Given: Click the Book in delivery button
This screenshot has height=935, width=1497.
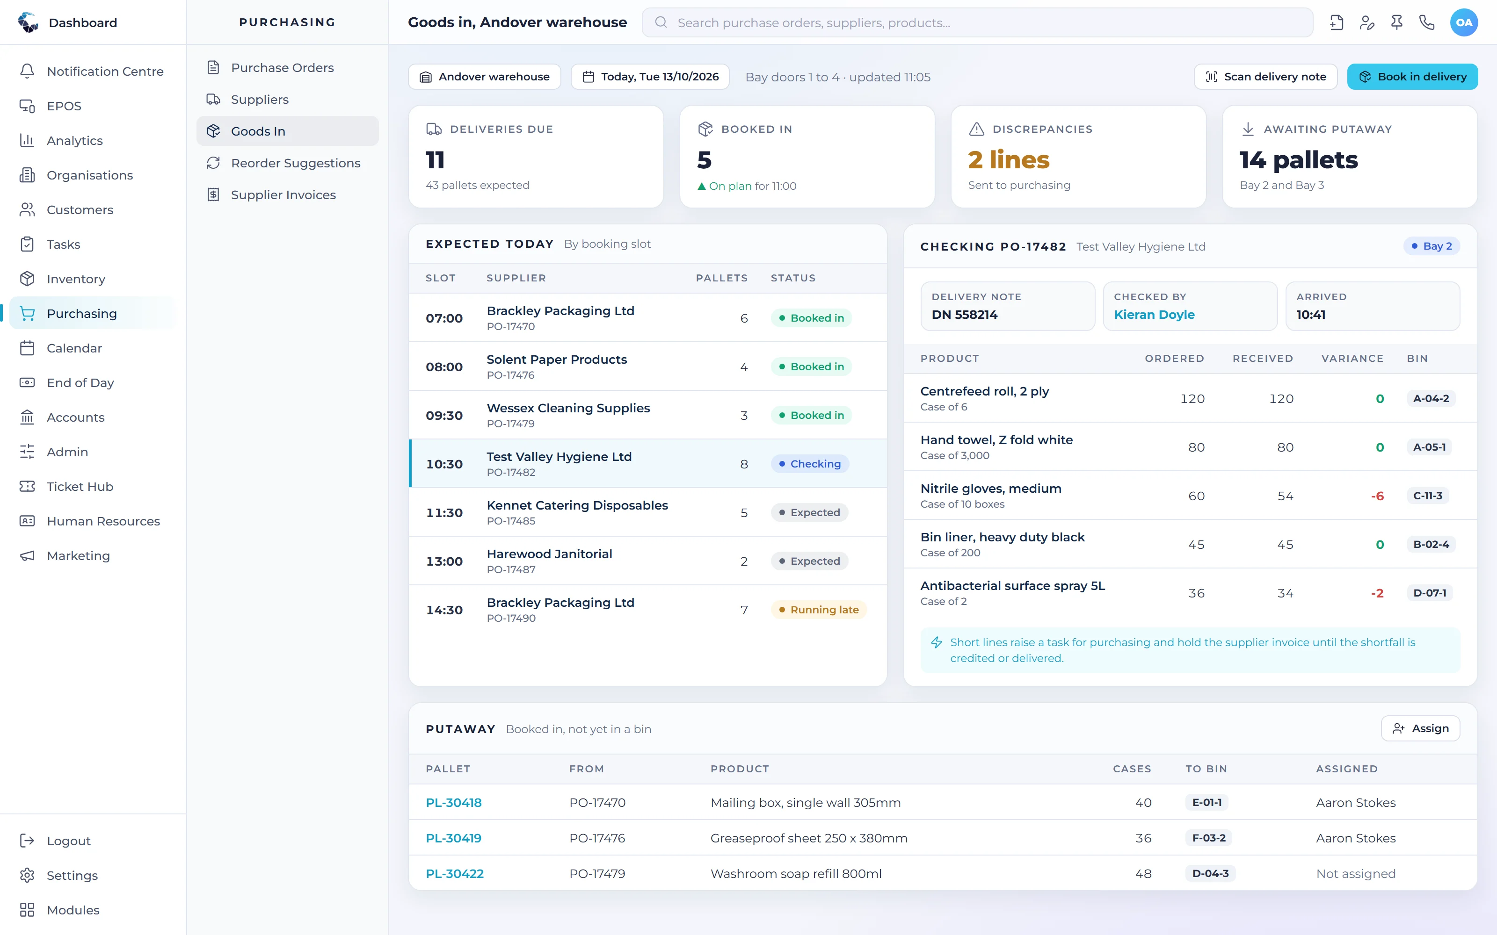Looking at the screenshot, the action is pyautogui.click(x=1412, y=77).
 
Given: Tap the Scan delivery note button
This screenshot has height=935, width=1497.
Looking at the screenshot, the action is pyautogui.click(x=1265, y=77).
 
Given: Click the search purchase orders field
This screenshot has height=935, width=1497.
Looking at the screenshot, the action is pyautogui.click(x=977, y=23).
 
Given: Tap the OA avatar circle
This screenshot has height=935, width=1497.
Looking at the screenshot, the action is pyautogui.click(x=1464, y=23).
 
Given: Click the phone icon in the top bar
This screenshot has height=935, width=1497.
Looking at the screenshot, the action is pyautogui.click(x=1426, y=23).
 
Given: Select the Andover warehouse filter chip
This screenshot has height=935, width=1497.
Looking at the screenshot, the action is pyautogui.click(x=484, y=77).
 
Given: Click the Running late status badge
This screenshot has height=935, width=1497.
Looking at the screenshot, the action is pyautogui.click(x=818, y=610).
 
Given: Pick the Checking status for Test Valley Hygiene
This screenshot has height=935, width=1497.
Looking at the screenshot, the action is pyautogui.click(x=810, y=464).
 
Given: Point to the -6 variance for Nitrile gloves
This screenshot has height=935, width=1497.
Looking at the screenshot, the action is pyautogui.click(x=1377, y=496).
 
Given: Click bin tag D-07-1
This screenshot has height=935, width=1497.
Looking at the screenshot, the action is pyautogui.click(x=1430, y=593).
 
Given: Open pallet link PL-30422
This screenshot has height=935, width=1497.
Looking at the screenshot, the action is pyautogui.click(x=455, y=874).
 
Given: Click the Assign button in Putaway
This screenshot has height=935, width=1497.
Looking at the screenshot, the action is pyautogui.click(x=1420, y=728).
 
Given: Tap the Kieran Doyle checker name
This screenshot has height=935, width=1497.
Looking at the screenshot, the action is pyautogui.click(x=1154, y=315).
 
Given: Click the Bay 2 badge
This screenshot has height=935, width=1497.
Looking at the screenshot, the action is pyautogui.click(x=1432, y=246).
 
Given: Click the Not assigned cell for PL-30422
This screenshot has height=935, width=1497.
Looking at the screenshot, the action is pyautogui.click(x=1355, y=874).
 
